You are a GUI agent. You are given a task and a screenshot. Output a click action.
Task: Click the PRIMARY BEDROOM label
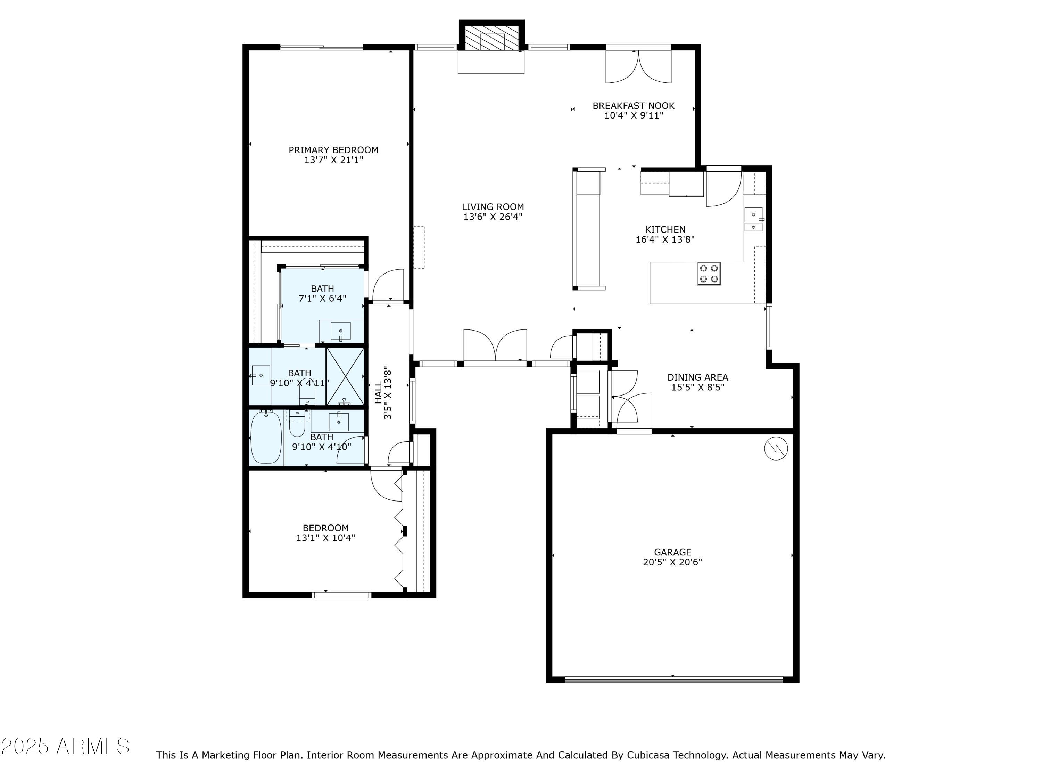pyautogui.click(x=333, y=150)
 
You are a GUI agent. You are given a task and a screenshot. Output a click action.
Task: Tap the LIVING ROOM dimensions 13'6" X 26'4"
pyautogui.click(x=493, y=217)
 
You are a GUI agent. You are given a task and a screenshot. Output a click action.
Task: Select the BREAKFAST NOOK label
pyautogui.click(x=634, y=106)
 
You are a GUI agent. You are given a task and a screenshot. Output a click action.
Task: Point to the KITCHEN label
pyautogui.click(x=665, y=229)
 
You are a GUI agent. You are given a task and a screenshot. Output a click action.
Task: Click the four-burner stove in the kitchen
pyautogui.click(x=709, y=274)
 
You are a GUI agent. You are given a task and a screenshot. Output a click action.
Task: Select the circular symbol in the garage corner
pyautogui.click(x=775, y=449)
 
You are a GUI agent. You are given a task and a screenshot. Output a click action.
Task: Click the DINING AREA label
pyautogui.click(x=698, y=377)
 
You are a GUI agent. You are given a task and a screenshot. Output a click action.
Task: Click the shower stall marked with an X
pyautogui.click(x=345, y=376)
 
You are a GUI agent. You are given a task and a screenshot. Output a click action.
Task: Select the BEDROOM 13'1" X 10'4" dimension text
pyautogui.click(x=325, y=538)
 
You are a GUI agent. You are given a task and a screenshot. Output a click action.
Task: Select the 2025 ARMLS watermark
pyautogui.click(x=66, y=747)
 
